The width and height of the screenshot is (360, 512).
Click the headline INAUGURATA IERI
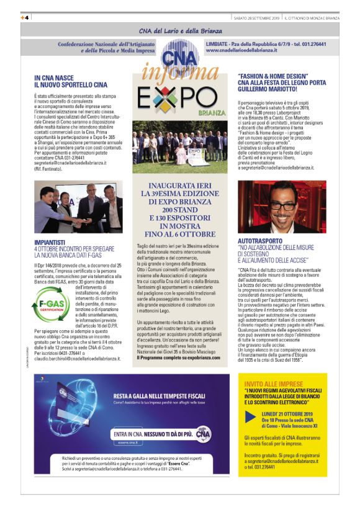pos(180,186)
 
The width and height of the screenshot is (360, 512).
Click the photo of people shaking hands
pos(78,207)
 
